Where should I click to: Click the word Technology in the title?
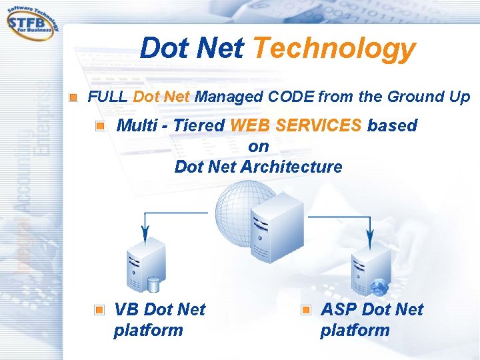tap(334, 48)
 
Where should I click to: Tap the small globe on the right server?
tap(379, 287)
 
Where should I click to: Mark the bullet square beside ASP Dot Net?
tap(306, 310)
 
